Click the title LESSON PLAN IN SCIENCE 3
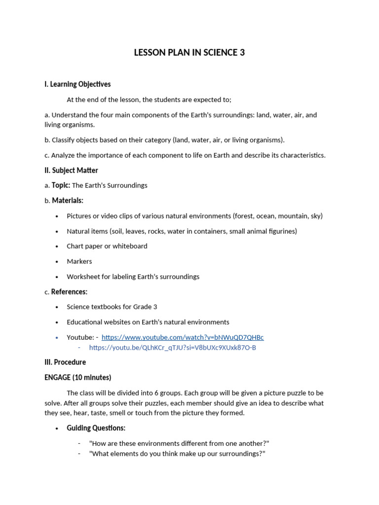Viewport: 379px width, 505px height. [x=189, y=53]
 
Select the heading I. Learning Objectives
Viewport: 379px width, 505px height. [x=77, y=84]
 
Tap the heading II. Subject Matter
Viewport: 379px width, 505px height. [x=71, y=171]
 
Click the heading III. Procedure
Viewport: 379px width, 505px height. [x=65, y=362]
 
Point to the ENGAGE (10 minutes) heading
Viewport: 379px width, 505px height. [x=77, y=378]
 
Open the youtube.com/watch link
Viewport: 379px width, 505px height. [x=182, y=337]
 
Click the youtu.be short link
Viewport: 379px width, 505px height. [x=172, y=348]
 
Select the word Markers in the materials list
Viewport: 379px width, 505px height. [x=79, y=261]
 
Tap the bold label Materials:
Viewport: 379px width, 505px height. [x=68, y=201]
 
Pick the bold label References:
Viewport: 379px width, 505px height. [x=69, y=292]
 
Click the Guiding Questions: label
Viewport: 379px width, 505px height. [x=96, y=428]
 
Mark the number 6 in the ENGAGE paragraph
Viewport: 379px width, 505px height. [x=176, y=393]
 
